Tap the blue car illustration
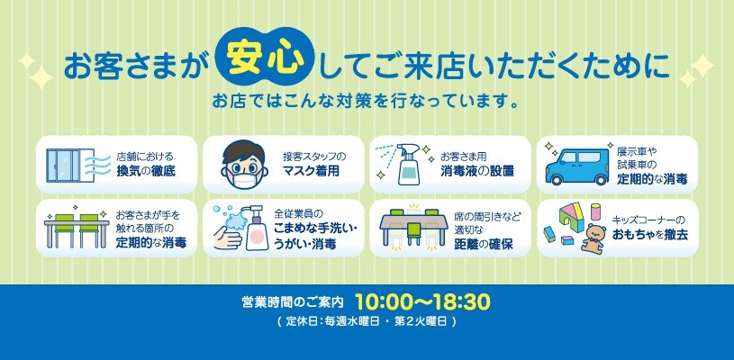[x=577, y=166]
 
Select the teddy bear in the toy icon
[x=594, y=237]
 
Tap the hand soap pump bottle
[x=256, y=229]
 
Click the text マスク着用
[x=311, y=171]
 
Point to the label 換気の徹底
[x=146, y=171]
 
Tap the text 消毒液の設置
[x=477, y=171]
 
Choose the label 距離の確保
[x=483, y=244]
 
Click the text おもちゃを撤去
[x=650, y=235]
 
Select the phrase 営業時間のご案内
[x=293, y=302]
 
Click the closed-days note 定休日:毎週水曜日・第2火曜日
[x=367, y=321]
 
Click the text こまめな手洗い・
[x=317, y=230]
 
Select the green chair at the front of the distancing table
[x=413, y=233]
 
